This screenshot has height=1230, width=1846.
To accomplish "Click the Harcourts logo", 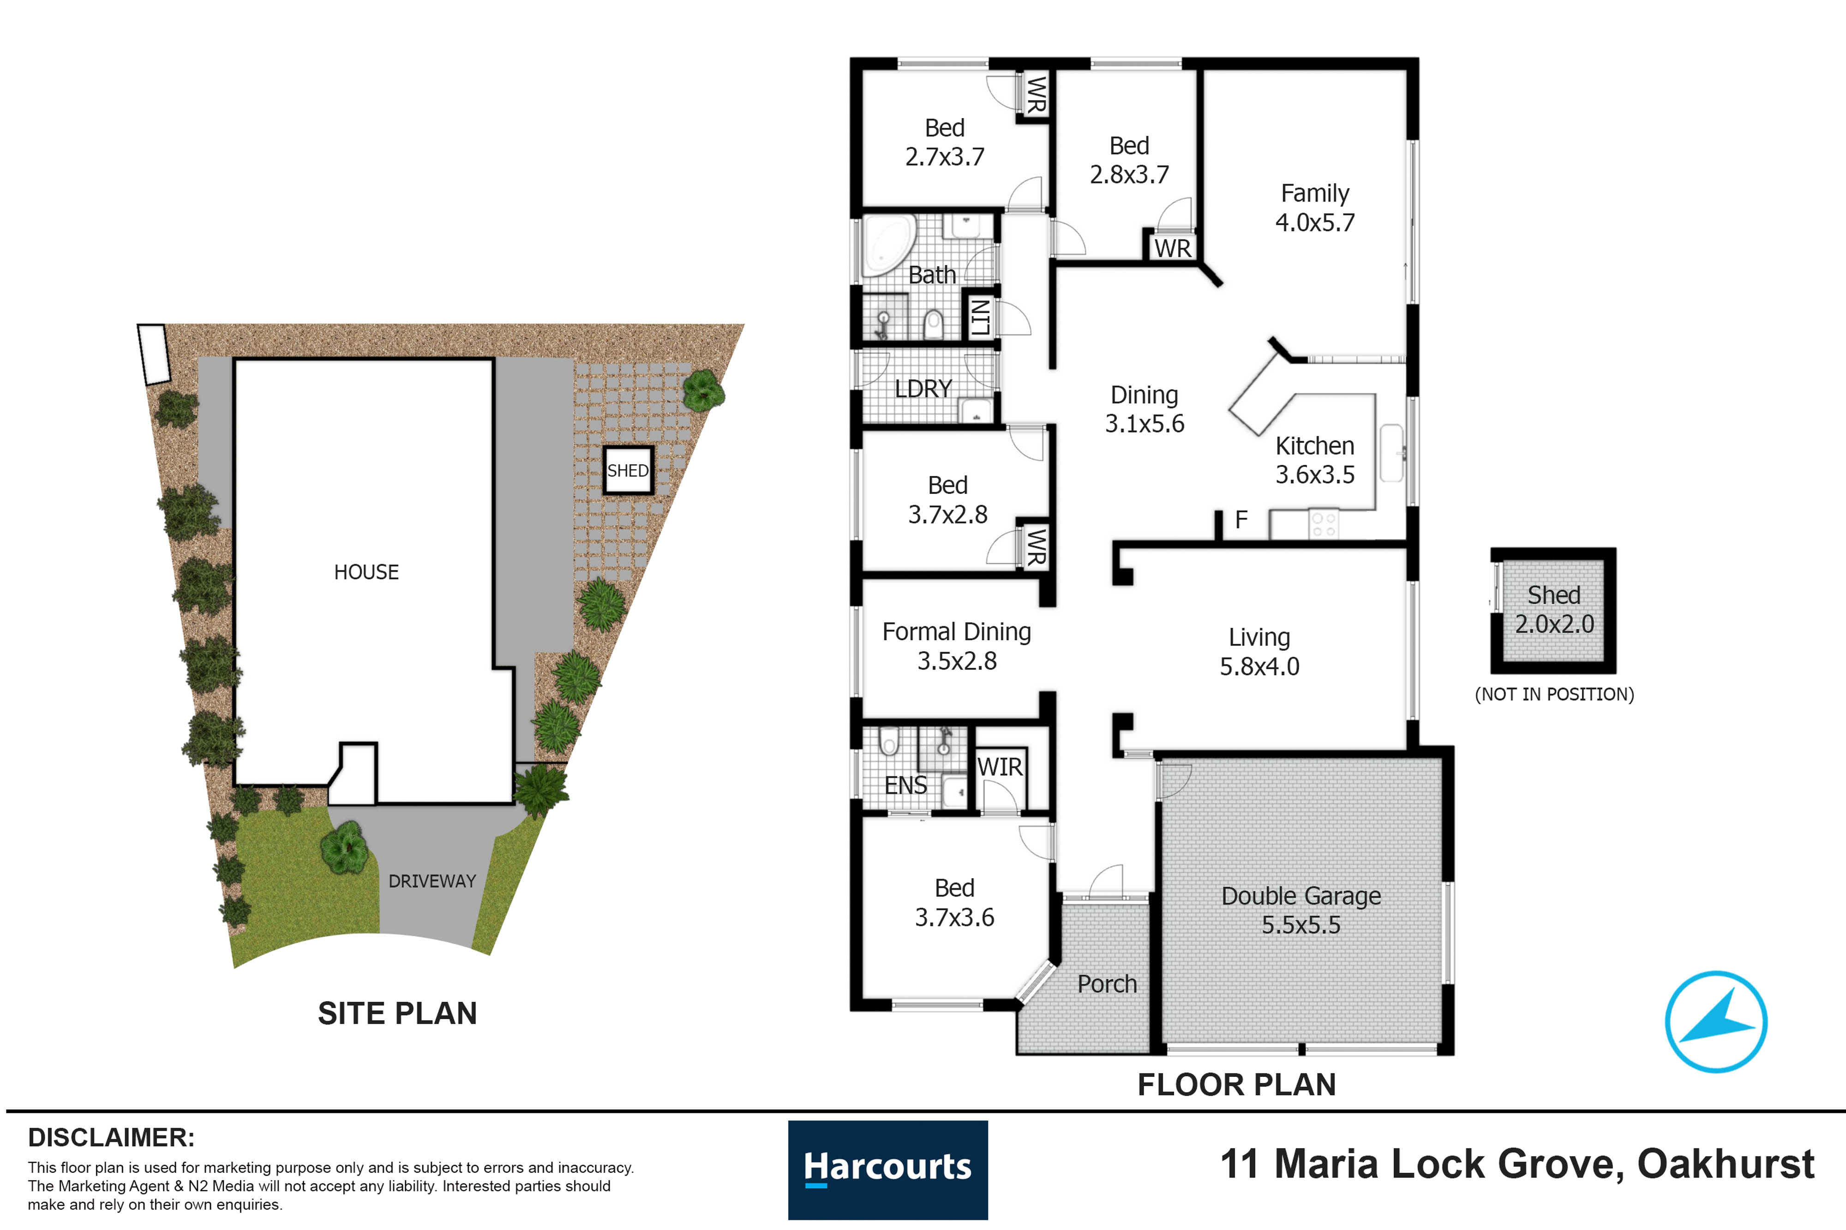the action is (887, 1170).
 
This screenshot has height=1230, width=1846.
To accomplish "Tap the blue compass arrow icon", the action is (1716, 1022).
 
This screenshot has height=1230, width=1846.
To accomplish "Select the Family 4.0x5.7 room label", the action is (1315, 208).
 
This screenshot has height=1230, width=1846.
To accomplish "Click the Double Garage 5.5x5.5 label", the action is (1301, 910).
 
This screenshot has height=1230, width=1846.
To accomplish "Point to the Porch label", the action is (1107, 984).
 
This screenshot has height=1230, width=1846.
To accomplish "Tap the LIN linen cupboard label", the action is (980, 317).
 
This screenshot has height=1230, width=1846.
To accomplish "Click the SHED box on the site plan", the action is (628, 470).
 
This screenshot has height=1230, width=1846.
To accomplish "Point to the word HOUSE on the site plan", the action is (366, 572).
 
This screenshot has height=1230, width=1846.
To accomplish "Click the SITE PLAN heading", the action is (397, 1013).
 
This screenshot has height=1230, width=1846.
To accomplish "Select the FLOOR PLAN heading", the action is (1237, 1084).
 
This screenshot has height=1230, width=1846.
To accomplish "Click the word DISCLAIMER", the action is (111, 1137).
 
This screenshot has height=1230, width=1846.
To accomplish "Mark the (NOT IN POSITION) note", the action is (1554, 694).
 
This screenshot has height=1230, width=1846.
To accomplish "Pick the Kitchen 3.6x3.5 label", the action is (1315, 460).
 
